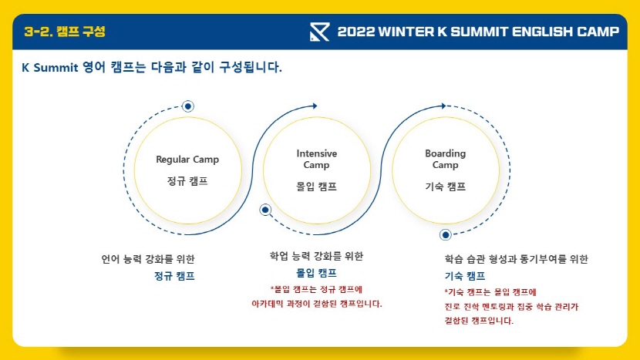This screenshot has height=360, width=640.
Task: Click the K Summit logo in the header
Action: pyautogui.click(x=319, y=32)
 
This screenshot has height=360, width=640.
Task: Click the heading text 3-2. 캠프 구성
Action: pyautogui.click(x=65, y=32)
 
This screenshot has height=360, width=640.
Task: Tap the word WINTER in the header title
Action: pyautogui.click(x=406, y=32)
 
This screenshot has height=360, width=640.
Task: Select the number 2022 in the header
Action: pyautogui.click(x=356, y=32)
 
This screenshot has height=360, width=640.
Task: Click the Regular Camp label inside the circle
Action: pyautogui.click(x=187, y=159)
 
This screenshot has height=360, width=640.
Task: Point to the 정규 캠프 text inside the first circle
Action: pyautogui.click(x=187, y=181)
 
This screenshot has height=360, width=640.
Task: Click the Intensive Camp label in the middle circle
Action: pyautogui.click(x=316, y=159)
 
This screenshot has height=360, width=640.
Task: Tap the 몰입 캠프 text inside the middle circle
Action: pyautogui.click(x=316, y=187)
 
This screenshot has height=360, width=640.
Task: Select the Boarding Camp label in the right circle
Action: pyautogui.click(x=446, y=159)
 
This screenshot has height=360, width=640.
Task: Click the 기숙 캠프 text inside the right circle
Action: pyautogui.click(x=446, y=187)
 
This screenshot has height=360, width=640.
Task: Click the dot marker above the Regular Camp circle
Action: pyautogui.click(x=187, y=106)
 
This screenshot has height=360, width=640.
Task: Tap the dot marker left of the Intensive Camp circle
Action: pyautogui.click(x=265, y=210)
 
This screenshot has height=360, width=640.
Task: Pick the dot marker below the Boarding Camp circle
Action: pyautogui.click(x=446, y=234)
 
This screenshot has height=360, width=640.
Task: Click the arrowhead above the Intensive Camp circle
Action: pyautogui.click(x=315, y=106)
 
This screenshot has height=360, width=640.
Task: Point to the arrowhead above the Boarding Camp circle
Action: pyautogui.click(x=443, y=106)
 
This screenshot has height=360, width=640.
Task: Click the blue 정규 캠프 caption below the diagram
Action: pyautogui.click(x=174, y=276)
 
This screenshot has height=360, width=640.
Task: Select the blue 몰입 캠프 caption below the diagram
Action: pyautogui.click(x=316, y=273)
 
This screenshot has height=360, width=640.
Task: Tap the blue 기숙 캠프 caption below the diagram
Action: pyautogui.click(x=465, y=276)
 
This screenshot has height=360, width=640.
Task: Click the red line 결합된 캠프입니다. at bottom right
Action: pyautogui.click(x=479, y=321)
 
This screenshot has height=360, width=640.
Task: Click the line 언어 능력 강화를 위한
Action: pyautogui.click(x=148, y=259)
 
